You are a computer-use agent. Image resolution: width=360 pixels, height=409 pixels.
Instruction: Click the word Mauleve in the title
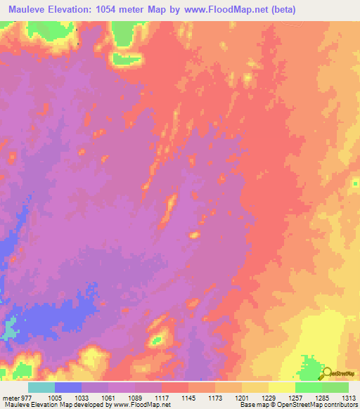(29, 9)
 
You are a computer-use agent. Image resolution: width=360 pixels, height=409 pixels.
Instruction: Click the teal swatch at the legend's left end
(41, 387)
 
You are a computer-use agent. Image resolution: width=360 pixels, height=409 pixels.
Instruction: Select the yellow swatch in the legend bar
(281, 387)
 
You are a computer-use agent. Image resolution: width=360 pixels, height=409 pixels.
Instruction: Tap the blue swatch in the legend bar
(68, 387)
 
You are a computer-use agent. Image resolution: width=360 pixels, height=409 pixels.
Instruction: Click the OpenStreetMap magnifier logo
(327, 374)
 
